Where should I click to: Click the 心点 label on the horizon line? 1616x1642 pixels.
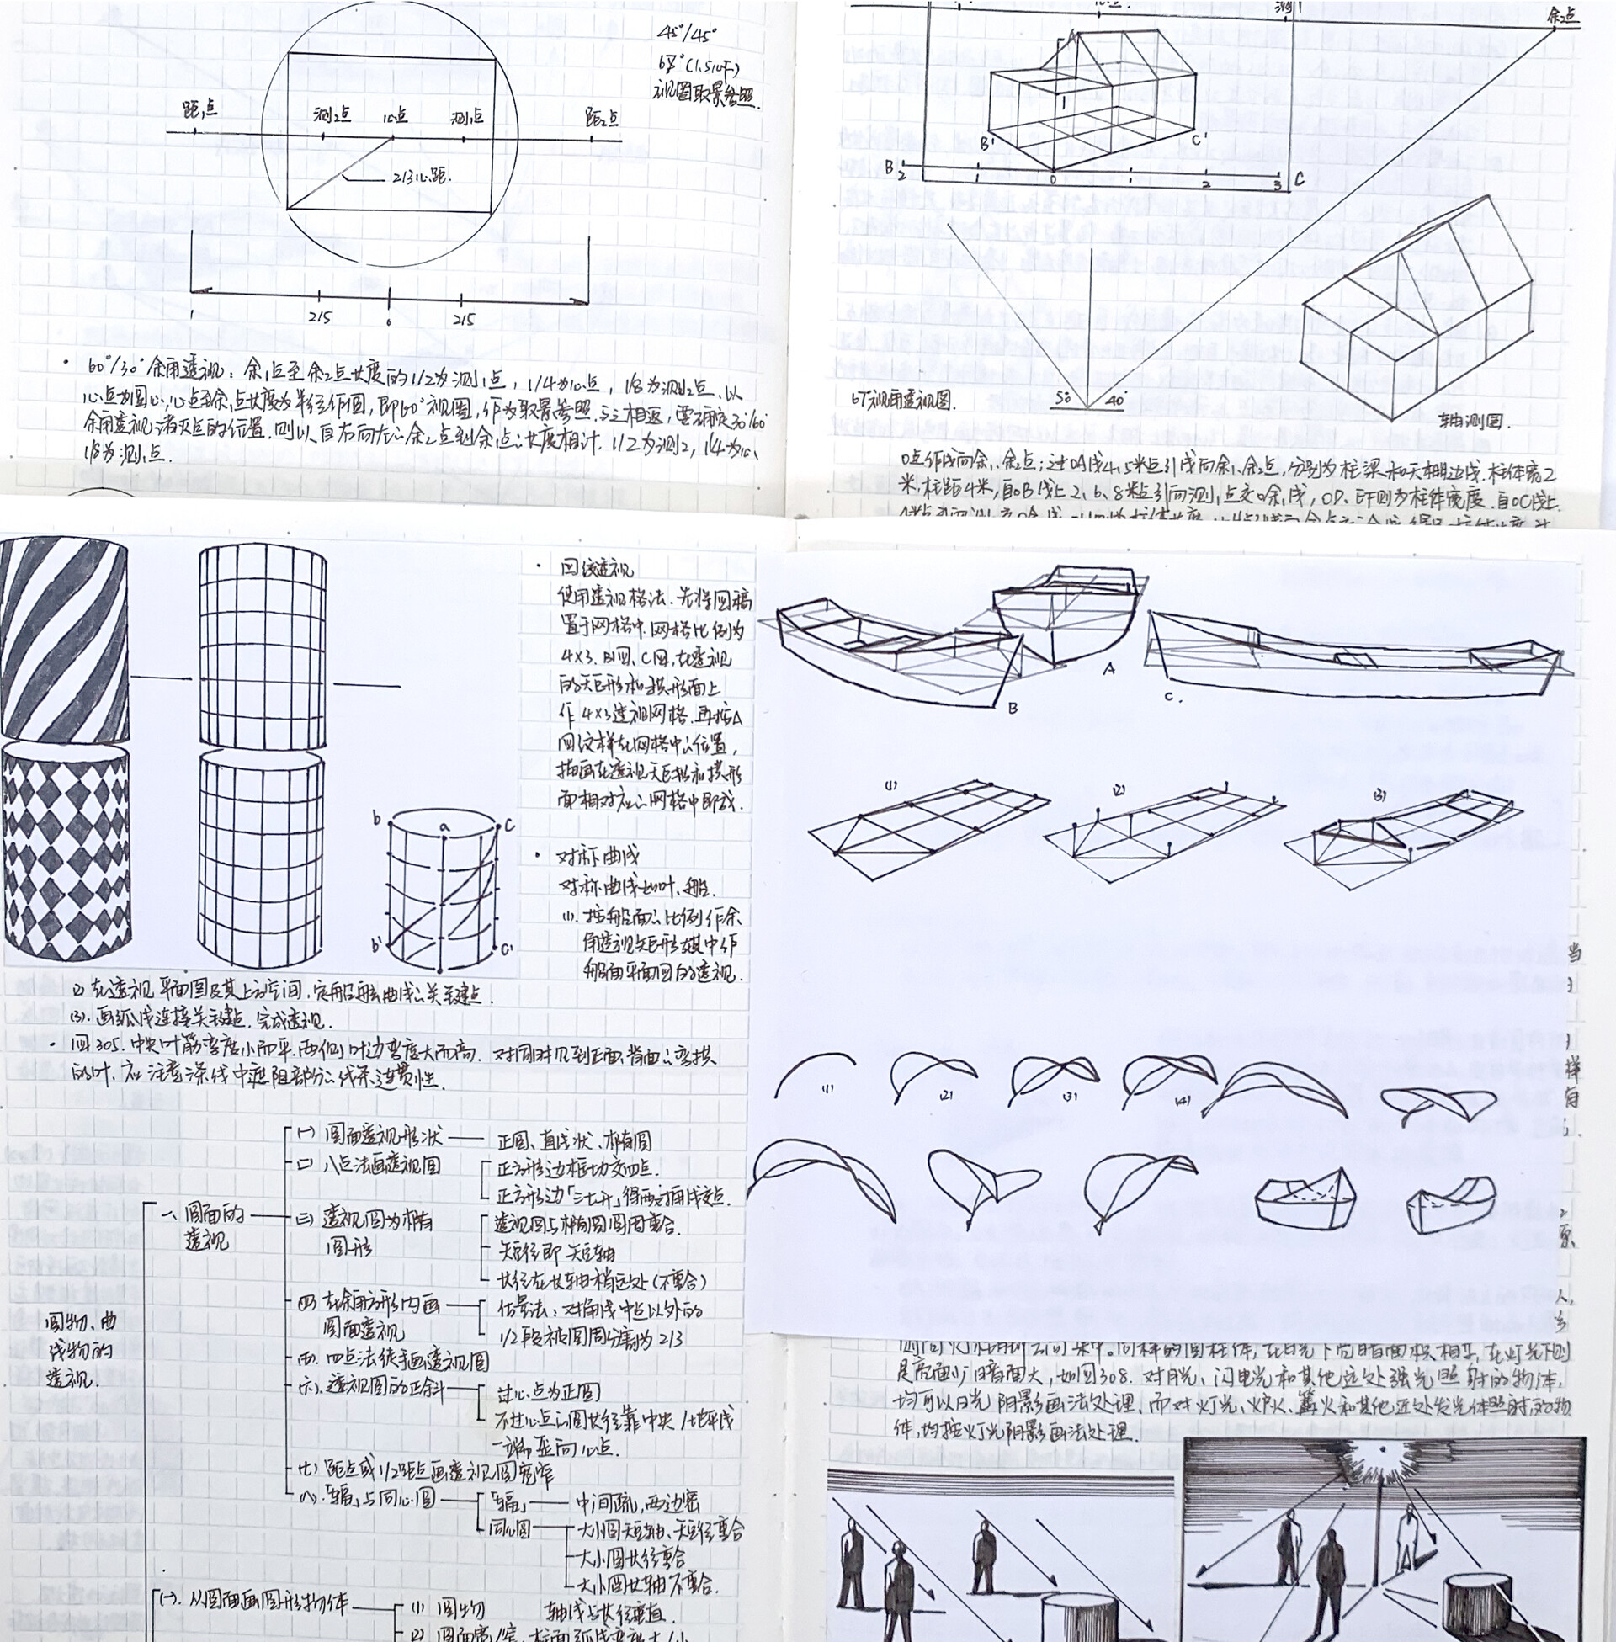point(394,116)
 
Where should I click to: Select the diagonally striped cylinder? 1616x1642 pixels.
point(65,640)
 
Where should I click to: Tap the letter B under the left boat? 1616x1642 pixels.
point(1012,708)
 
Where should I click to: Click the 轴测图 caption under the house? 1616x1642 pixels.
point(1474,420)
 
